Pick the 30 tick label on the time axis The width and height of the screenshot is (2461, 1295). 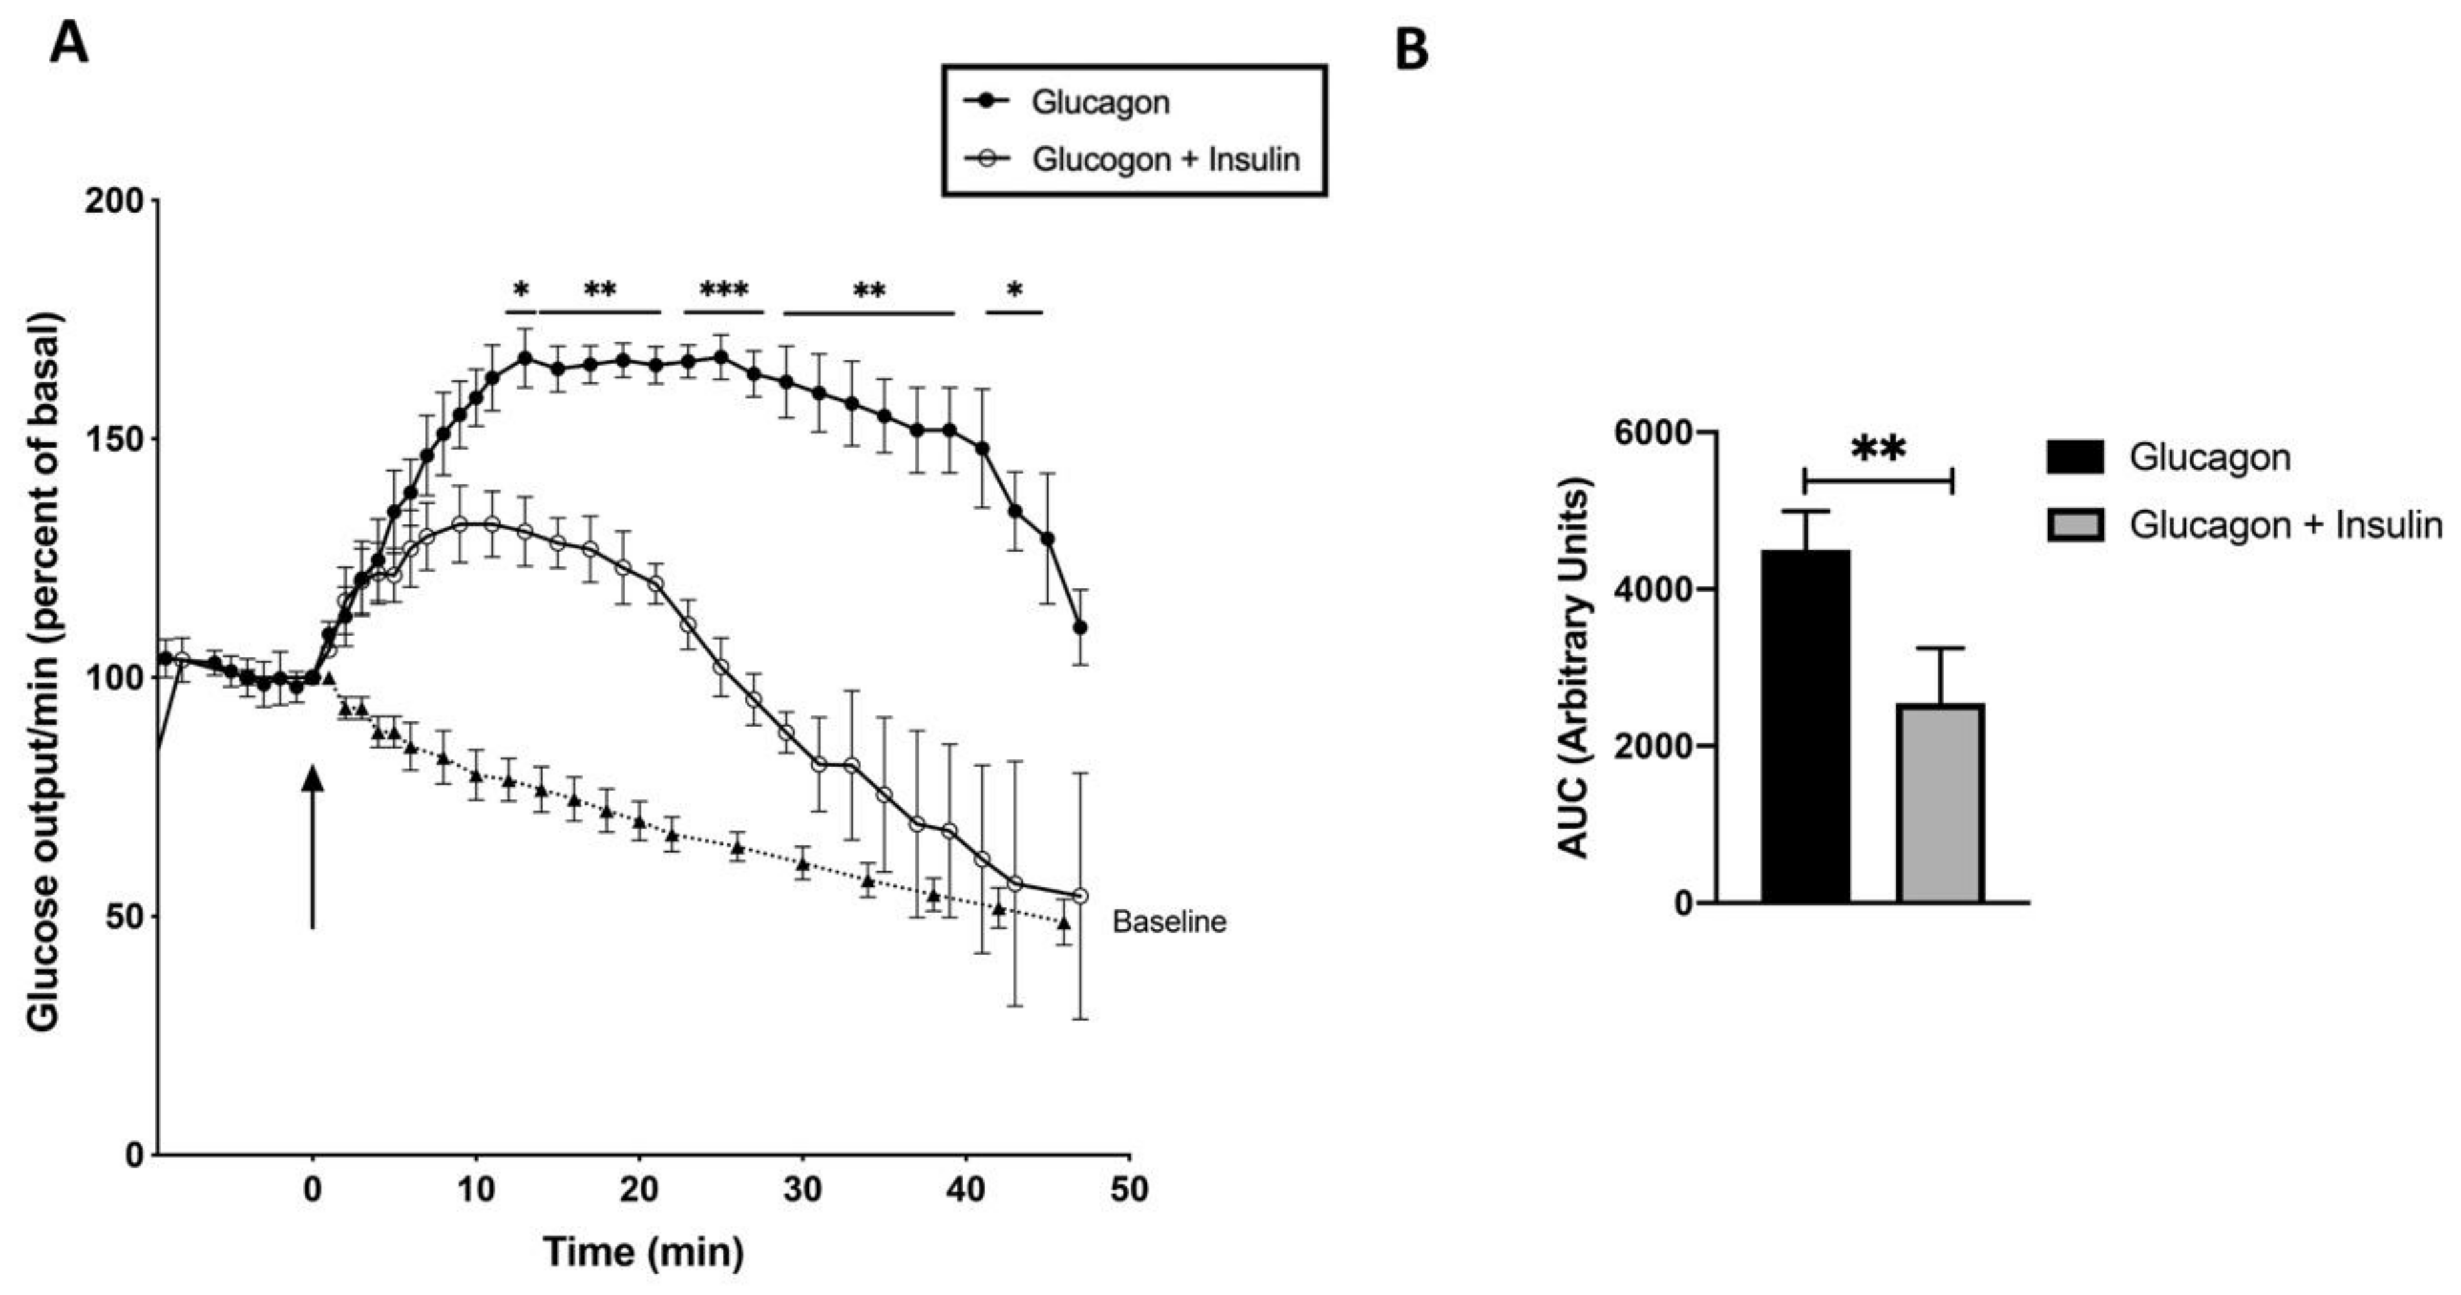(803, 1190)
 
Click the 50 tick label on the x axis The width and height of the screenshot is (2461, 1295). (1129, 1190)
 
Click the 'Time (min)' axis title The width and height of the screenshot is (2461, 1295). (643, 1252)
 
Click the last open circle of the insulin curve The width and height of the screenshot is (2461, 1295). (1081, 896)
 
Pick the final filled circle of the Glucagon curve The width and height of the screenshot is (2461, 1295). (1081, 628)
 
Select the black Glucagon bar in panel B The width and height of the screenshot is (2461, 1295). (1806, 726)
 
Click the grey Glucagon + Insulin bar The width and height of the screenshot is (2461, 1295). (1940, 802)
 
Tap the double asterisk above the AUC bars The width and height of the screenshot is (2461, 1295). (1878, 449)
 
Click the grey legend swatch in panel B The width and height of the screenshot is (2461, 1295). (2075, 525)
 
